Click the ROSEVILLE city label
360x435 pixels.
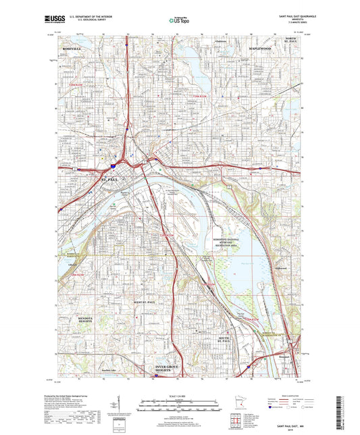click(x=72, y=49)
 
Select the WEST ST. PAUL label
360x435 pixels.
click(x=145, y=302)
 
